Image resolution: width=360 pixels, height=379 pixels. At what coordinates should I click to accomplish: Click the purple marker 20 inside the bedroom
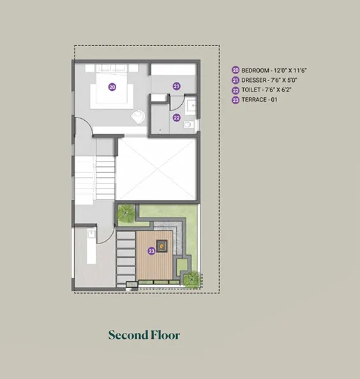click(x=112, y=87)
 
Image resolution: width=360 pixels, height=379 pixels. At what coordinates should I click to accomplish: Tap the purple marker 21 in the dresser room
click(x=177, y=86)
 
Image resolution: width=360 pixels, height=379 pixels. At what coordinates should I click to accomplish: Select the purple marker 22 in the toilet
click(x=177, y=118)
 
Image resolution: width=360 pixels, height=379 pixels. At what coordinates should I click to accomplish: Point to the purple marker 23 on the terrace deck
click(x=151, y=251)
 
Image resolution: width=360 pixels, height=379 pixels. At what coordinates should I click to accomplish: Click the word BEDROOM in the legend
click(x=255, y=70)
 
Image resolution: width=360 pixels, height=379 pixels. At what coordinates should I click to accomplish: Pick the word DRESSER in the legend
click(x=254, y=80)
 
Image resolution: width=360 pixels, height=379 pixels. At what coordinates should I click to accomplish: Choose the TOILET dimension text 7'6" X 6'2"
click(x=278, y=90)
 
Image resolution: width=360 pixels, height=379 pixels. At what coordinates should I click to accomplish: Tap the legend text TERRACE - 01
click(x=260, y=100)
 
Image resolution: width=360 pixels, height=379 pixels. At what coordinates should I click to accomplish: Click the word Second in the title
click(x=128, y=335)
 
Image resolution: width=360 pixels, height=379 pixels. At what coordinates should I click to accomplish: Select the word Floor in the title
click(x=165, y=335)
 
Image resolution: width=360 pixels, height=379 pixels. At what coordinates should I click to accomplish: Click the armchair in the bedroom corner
click(x=139, y=116)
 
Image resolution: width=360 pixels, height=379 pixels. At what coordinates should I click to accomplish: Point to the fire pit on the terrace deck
click(x=161, y=246)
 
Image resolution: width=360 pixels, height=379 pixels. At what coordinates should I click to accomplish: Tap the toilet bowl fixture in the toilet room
click(x=188, y=125)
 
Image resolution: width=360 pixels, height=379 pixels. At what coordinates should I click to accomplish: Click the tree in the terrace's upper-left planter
click(x=126, y=213)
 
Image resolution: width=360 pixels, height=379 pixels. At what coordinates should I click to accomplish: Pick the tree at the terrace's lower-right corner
click(x=192, y=279)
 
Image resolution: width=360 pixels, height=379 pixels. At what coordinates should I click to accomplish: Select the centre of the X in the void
click(x=157, y=169)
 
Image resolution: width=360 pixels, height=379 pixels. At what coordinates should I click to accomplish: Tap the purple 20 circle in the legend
click(x=236, y=70)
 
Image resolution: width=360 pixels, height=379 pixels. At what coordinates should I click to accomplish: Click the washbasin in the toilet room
click(x=191, y=105)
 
